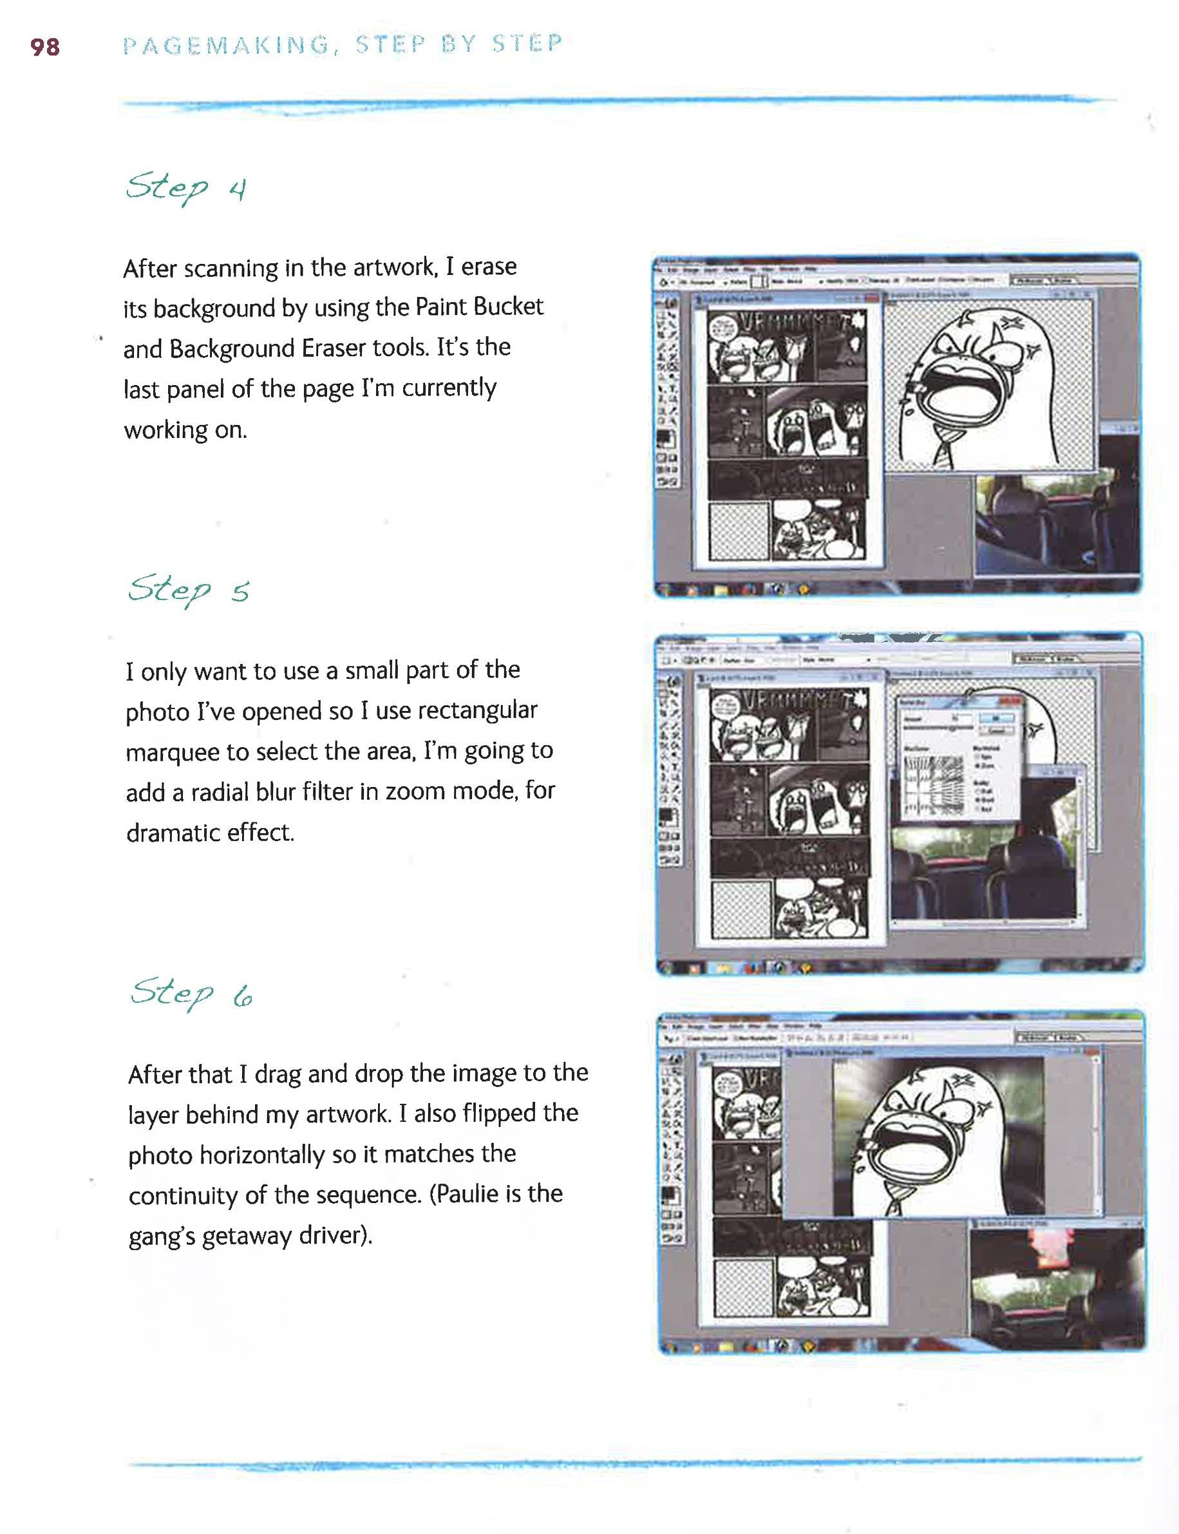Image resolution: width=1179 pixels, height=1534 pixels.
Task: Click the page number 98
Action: pyautogui.click(x=45, y=47)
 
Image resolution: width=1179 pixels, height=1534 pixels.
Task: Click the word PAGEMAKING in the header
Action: pyautogui.click(x=226, y=46)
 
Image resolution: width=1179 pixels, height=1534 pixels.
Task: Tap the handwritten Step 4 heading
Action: pyautogui.click(x=186, y=188)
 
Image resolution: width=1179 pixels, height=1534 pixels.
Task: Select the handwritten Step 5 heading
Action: pyautogui.click(x=188, y=589)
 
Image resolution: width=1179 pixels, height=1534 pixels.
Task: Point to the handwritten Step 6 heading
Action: pyautogui.click(x=191, y=993)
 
